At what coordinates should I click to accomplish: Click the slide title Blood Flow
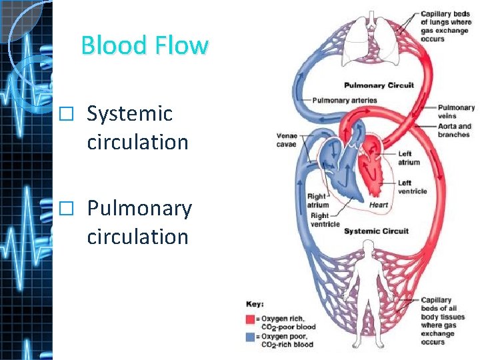tap(145, 45)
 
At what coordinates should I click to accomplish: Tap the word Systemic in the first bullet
tap(130, 114)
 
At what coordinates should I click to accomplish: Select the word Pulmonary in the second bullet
tap(139, 209)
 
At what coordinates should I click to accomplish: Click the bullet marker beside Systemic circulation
tap(64, 115)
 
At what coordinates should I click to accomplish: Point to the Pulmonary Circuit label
tap(379, 85)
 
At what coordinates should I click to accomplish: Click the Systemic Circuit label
tap(376, 231)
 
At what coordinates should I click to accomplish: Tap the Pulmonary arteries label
tap(345, 101)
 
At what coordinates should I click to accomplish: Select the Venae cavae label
tap(288, 140)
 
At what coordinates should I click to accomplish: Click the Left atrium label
tap(409, 158)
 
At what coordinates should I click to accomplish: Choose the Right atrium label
tap(318, 201)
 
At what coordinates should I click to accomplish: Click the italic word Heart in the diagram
tap(379, 205)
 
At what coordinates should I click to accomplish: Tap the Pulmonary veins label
tap(456, 111)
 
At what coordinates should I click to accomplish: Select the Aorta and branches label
tap(455, 130)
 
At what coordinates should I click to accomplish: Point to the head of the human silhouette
tap(367, 248)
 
